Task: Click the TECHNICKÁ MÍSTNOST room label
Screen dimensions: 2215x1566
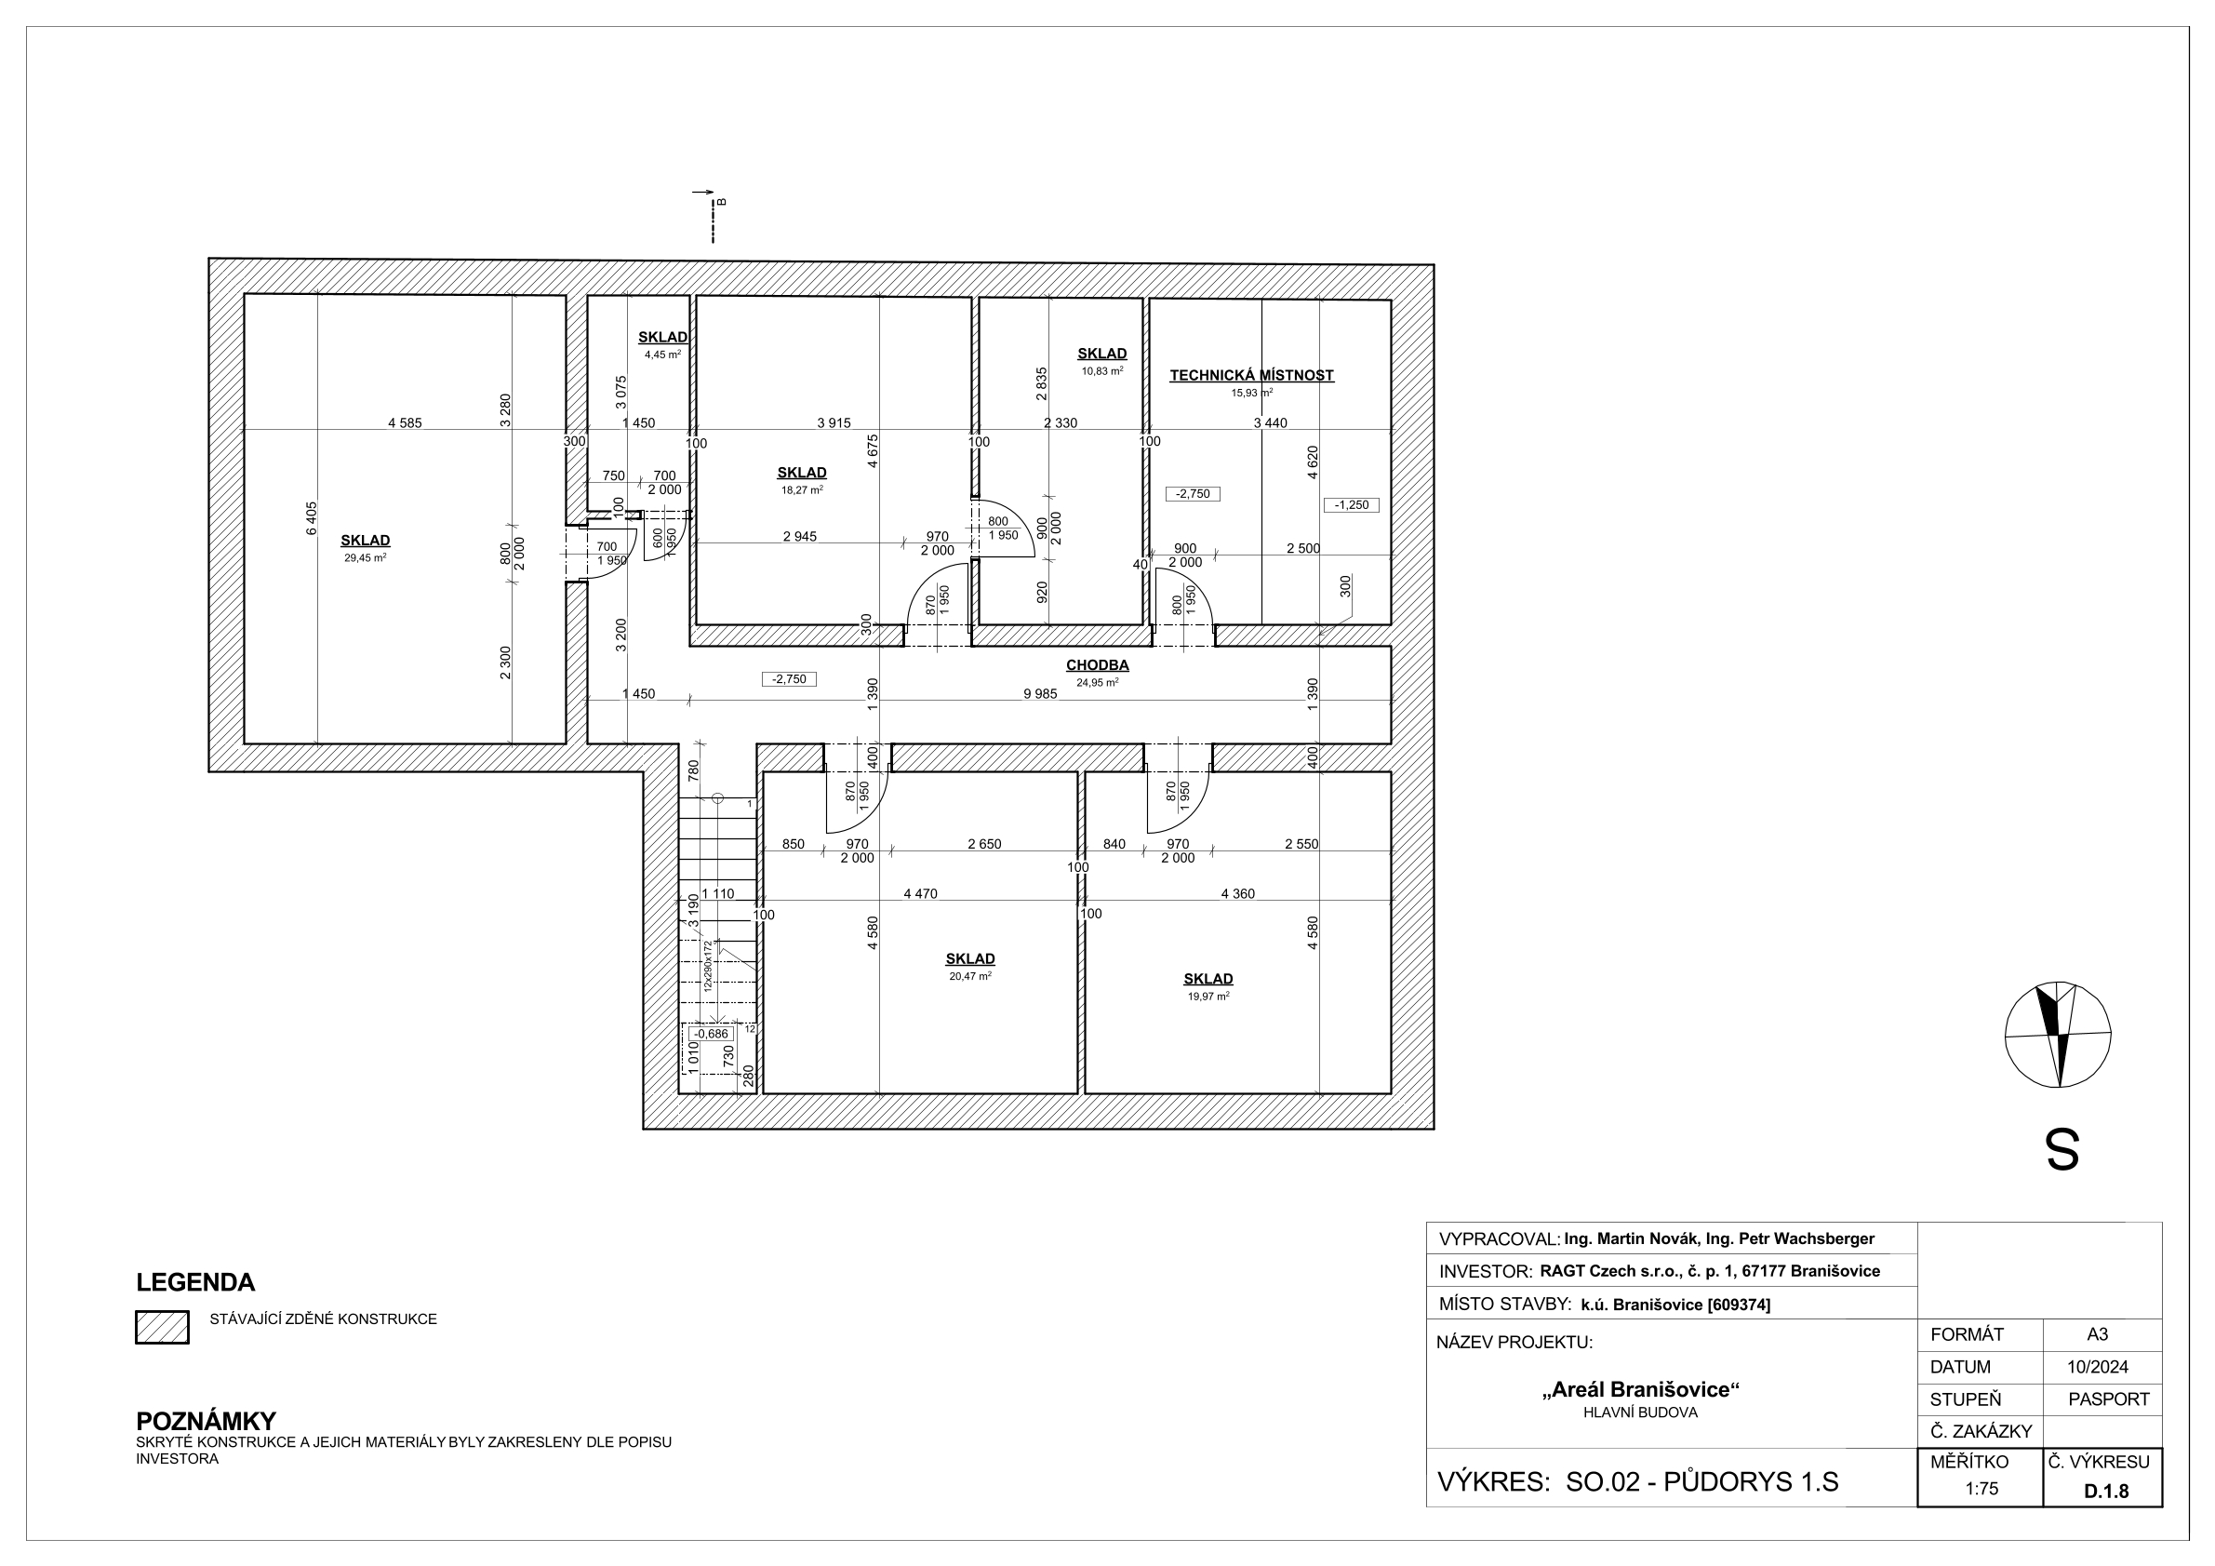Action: coord(1251,375)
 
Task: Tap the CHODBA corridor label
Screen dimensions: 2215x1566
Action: coord(1097,664)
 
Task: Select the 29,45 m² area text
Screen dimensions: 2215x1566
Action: coord(365,557)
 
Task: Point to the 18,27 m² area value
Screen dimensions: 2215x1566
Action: coord(802,490)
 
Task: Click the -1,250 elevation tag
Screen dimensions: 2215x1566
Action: coord(1352,504)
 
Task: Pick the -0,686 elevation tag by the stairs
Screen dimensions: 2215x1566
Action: coord(712,1034)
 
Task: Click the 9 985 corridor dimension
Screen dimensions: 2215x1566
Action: coord(1040,694)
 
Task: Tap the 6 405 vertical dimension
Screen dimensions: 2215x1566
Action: coord(311,518)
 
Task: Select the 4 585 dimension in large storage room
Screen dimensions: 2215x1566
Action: coord(406,422)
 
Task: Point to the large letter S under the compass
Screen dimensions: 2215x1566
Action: coord(2062,1150)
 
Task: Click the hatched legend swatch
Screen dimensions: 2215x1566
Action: coord(162,1327)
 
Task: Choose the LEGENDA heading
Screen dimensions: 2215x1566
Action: coord(196,1282)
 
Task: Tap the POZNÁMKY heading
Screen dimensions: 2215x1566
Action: coord(207,1421)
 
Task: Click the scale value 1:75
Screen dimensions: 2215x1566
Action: coord(1981,1489)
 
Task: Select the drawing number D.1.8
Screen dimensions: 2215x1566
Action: coord(2106,1491)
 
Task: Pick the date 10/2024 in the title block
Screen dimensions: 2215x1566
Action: coord(2097,1367)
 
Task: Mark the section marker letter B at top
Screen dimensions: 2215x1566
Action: coord(722,202)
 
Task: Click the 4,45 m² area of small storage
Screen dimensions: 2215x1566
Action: coord(662,355)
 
